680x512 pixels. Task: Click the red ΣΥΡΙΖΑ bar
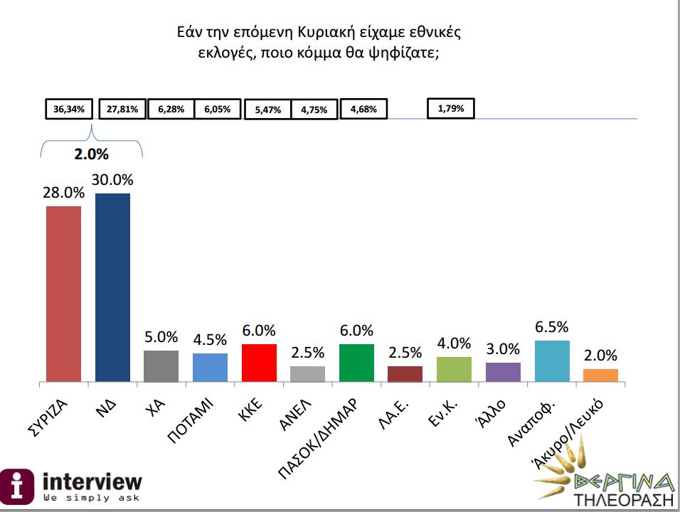pos(63,294)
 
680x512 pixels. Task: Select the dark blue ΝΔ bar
pos(112,287)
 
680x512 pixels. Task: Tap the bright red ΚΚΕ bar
pos(260,363)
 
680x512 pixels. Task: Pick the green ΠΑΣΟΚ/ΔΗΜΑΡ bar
pos(357,363)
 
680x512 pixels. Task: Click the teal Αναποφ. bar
pos(552,361)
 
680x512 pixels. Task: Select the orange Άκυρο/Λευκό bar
pos(600,375)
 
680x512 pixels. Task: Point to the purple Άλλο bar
pos(503,372)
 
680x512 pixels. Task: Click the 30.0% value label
pos(112,180)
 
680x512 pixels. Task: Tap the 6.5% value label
pos(552,327)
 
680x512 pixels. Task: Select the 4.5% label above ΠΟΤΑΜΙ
pos(211,340)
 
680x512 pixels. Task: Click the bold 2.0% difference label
pos(92,153)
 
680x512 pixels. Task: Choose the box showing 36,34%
pos(69,110)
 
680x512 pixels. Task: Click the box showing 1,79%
pos(451,109)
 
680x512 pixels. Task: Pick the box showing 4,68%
pos(363,110)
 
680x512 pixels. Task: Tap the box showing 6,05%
pos(218,110)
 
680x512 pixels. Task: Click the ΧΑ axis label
pos(154,409)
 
